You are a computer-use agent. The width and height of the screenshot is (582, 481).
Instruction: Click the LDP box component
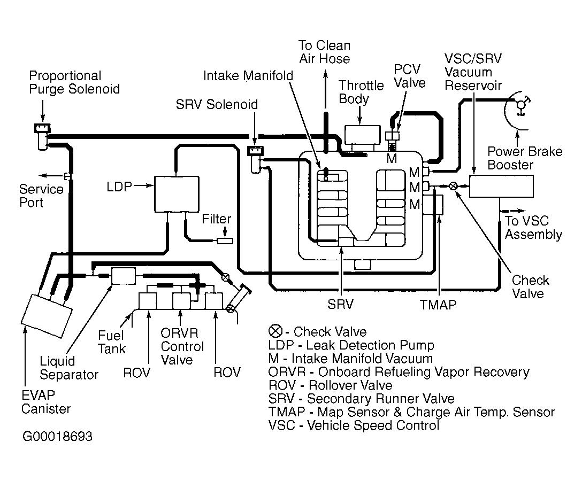(x=177, y=194)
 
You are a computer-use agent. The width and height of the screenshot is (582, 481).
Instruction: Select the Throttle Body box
(x=363, y=135)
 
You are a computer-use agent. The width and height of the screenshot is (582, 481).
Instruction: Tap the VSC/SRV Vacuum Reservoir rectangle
(x=501, y=186)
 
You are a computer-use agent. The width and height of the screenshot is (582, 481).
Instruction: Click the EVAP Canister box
(x=47, y=316)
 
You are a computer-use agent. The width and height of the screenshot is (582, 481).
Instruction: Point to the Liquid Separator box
(x=124, y=276)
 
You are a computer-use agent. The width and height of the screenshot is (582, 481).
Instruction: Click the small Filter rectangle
(x=225, y=241)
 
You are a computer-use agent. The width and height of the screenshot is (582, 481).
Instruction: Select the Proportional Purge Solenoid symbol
(x=42, y=136)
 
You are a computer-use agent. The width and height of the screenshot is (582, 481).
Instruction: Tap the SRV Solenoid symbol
(x=255, y=159)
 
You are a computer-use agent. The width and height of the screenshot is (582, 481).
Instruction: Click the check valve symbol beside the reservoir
(x=453, y=186)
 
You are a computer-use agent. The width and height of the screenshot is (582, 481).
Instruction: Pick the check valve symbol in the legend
(x=275, y=331)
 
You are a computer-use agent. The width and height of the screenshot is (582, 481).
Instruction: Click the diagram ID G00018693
(x=57, y=437)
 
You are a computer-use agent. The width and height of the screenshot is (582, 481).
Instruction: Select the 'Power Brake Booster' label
(x=524, y=158)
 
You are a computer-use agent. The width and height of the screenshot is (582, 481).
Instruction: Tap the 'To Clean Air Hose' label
(x=325, y=52)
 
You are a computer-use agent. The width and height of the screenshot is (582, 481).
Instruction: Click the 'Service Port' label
(x=41, y=196)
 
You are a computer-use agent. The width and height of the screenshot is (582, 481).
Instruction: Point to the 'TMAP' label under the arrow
(x=438, y=305)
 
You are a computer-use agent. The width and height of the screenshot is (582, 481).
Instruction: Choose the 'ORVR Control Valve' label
(x=182, y=346)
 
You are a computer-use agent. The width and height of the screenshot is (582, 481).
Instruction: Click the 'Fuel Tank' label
(x=111, y=342)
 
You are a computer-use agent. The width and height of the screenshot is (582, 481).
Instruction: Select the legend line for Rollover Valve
(x=331, y=385)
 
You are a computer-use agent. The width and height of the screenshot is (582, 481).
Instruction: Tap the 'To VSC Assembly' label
(x=533, y=228)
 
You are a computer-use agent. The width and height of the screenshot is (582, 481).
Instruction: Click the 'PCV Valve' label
(x=409, y=76)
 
